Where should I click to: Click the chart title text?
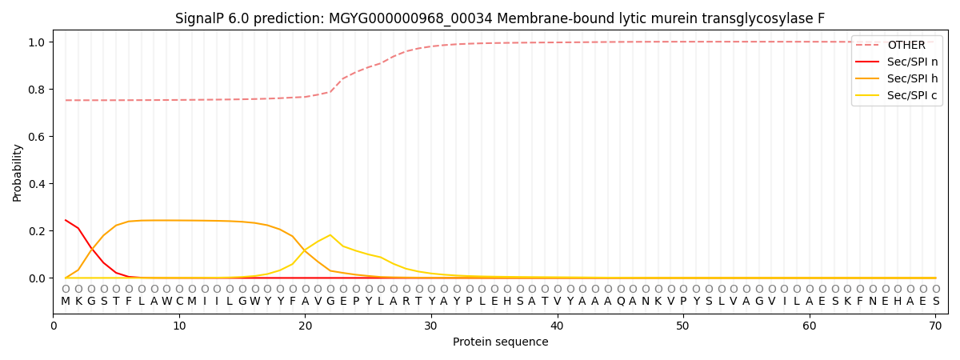(500, 18)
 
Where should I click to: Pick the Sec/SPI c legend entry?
(913, 95)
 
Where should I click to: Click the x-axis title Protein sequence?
(501, 342)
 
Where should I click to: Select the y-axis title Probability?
(18, 172)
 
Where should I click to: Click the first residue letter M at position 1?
(66, 302)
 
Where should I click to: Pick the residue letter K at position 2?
(78, 302)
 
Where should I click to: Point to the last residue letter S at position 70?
(935, 302)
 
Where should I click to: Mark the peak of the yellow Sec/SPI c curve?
(330, 235)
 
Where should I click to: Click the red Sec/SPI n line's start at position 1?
(66, 220)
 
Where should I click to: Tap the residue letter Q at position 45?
(620, 302)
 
